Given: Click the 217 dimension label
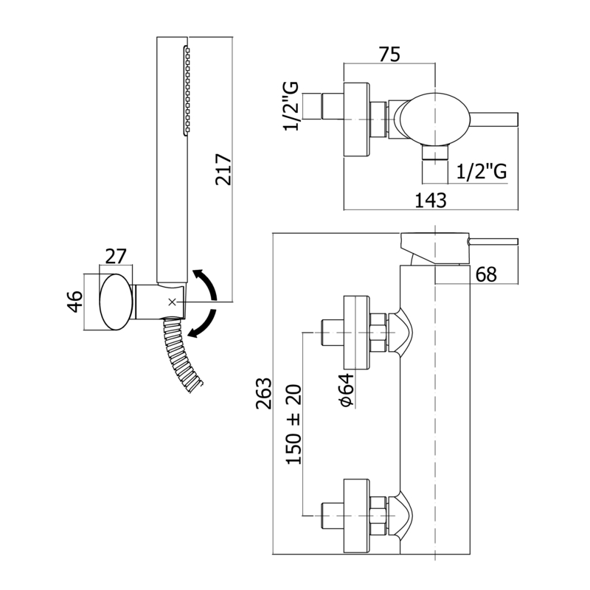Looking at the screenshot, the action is coord(223,169).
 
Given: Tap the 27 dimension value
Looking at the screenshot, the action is coord(116,257).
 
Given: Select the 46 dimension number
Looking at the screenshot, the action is coord(75,302).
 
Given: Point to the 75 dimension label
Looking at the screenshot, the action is coord(389,55).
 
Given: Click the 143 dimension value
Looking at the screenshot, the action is coord(431,200).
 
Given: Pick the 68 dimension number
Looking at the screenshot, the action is coord(486,274).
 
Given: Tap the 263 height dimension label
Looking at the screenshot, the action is coord(264,393).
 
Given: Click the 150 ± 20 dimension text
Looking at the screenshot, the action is coord(294,425).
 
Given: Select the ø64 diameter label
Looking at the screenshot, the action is coord(346,389).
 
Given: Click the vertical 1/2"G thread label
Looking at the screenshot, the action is coord(291,106).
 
